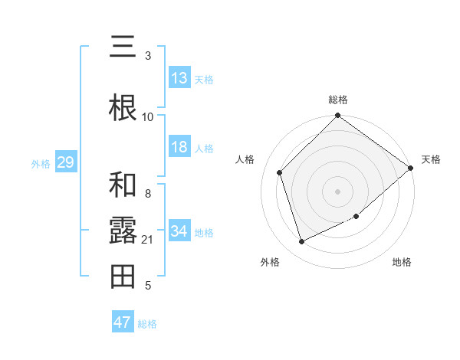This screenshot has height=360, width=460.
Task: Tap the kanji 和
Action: click(123, 185)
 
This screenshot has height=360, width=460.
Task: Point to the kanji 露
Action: click(123, 230)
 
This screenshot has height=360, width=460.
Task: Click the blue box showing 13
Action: click(179, 78)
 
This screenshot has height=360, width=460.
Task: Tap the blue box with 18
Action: click(179, 148)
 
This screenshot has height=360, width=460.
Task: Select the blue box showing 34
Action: click(179, 231)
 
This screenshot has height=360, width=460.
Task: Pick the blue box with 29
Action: click(65, 162)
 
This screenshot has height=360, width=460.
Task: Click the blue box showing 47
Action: click(123, 322)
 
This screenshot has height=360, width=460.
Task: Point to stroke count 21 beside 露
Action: click(148, 240)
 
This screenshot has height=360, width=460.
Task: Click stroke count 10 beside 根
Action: click(148, 116)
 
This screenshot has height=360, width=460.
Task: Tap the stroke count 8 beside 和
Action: click(148, 194)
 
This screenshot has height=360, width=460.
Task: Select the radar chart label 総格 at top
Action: click(338, 100)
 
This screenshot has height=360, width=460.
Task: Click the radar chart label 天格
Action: click(431, 159)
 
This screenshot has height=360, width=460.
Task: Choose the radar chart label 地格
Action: click(402, 262)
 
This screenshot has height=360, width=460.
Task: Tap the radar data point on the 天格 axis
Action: click(411, 168)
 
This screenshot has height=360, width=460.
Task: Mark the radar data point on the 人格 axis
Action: click(280, 172)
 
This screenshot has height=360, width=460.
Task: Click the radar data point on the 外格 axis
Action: click(302, 242)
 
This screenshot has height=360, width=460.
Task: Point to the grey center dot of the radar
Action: click(338, 191)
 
